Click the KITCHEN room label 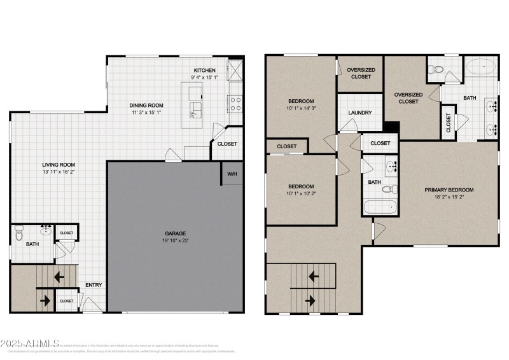point(204,70)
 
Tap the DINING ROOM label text point(147,106)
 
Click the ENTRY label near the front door point(94,285)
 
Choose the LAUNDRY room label point(359,113)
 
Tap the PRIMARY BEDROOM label point(449,190)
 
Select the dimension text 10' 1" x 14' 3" point(301,108)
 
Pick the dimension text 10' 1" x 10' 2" point(301,194)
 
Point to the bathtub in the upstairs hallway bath point(380,207)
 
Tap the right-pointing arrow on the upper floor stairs point(312,299)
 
